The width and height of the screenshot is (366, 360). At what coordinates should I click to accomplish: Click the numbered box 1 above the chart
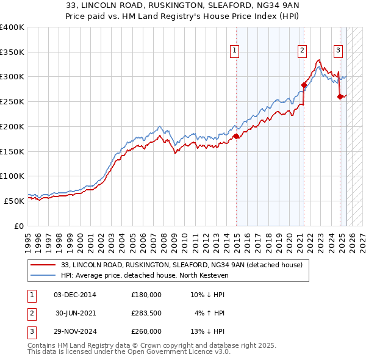pos(235,51)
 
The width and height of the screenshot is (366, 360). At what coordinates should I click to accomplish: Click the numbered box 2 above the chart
pos(302,51)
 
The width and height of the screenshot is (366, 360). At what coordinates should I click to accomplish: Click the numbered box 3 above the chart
pos(338,51)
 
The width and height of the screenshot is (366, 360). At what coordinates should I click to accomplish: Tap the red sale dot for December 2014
pos(236,136)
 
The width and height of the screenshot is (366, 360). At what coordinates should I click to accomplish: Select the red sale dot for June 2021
pos(304,85)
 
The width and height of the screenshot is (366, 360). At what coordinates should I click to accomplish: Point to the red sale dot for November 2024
pos(340,96)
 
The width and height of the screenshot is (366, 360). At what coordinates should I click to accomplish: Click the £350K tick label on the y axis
pos(12,52)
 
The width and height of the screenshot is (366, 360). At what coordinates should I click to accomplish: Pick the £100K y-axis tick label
pos(12,176)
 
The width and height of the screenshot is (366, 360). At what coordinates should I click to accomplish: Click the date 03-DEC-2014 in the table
pos(75,294)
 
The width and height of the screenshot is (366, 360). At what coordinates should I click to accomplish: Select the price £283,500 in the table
pos(146,313)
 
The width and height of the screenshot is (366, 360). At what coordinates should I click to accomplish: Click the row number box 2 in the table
pos(30,313)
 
